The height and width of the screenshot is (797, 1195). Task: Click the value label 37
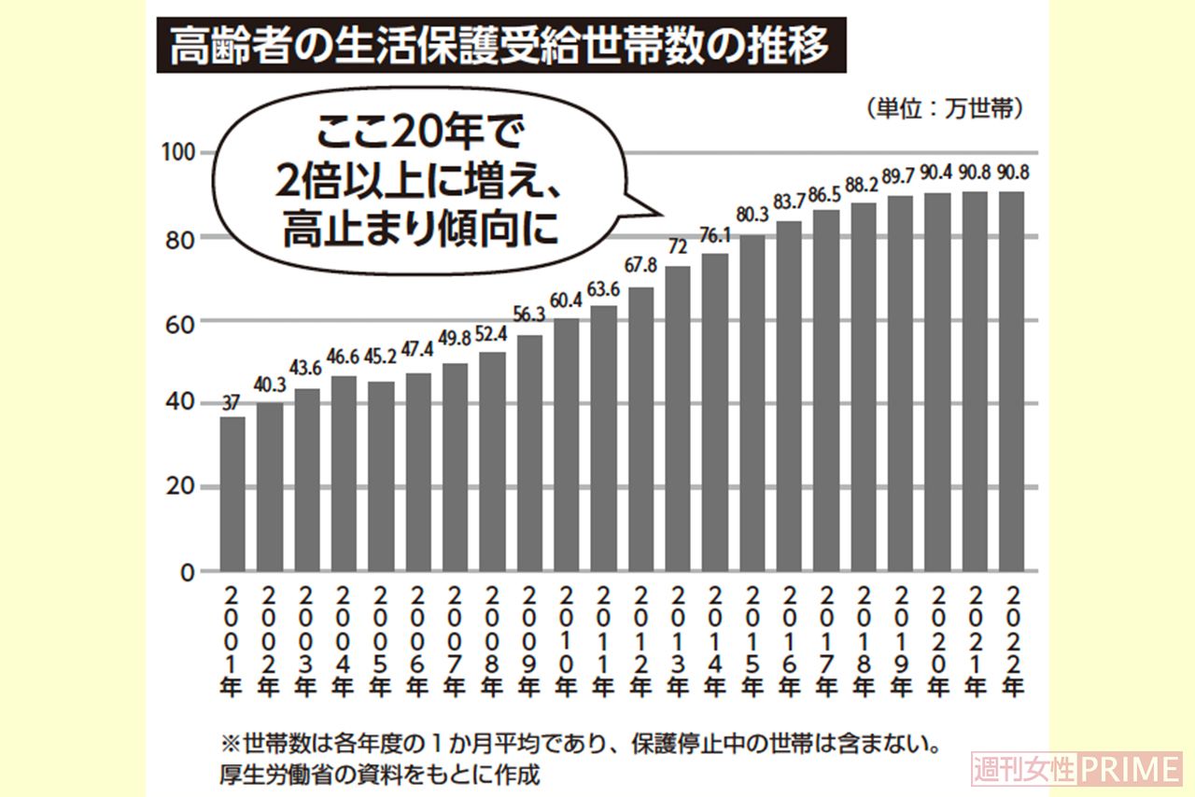click(232, 402)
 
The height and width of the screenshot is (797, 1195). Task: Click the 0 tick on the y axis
click(188, 571)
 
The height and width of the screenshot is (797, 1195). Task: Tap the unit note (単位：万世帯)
click(944, 108)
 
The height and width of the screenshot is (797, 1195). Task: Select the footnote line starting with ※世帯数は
click(578, 747)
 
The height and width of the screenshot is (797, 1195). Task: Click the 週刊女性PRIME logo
click(1075, 769)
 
